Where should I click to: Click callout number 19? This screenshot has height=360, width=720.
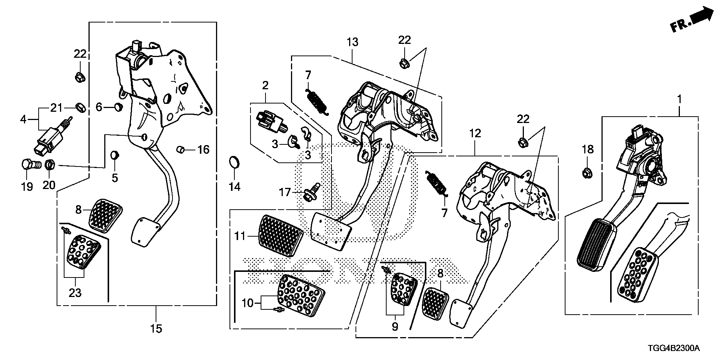[27, 186]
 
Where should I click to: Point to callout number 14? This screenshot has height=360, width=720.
[235, 186]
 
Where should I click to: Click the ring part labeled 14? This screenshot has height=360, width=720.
[234, 163]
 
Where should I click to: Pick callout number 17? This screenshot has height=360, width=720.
[285, 192]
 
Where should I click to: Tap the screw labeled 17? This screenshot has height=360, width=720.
[312, 192]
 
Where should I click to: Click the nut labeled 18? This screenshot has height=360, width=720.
[587, 173]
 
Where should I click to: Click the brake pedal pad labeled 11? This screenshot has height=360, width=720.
[281, 236]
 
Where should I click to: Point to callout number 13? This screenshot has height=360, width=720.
[352, 42]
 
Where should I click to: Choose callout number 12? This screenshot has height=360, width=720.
[475, 133]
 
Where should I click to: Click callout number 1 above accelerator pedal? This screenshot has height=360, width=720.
[679, 90]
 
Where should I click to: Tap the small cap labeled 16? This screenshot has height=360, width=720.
[180, 150]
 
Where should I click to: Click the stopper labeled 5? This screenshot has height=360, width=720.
[115, 154]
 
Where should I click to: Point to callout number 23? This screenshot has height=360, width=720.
[75, 292]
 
